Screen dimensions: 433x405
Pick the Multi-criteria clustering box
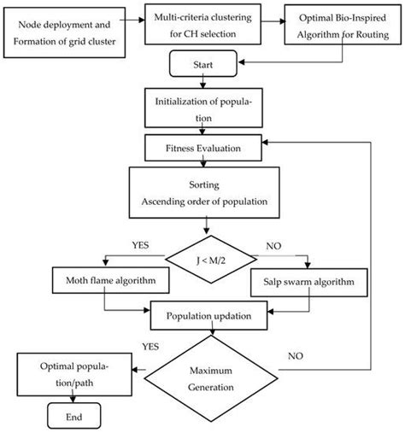202,24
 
